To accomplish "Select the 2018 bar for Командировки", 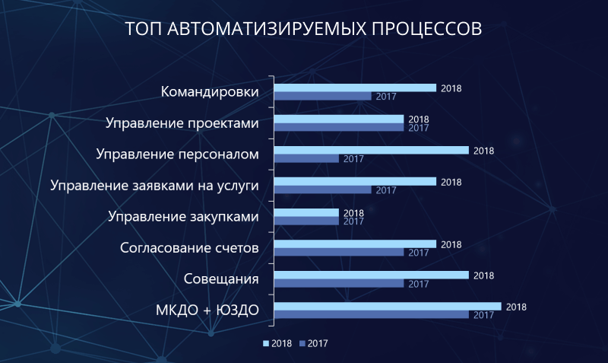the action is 355,88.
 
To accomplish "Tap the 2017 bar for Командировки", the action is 322,97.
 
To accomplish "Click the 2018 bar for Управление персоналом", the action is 372,150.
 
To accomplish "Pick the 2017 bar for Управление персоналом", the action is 306,159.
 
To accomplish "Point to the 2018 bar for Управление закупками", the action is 306,213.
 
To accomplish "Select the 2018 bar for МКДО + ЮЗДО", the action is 388,307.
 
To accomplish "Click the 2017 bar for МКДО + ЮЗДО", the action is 372,315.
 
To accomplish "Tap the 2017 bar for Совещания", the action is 339,283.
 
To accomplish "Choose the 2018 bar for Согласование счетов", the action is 355,244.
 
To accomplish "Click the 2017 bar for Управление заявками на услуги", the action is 322,189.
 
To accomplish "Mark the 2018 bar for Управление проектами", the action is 339,119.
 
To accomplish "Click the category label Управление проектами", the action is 182,123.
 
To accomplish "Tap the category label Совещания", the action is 221,279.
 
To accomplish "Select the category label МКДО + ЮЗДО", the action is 207,310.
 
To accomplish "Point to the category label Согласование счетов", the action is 189,247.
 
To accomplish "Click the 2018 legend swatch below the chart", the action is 266,343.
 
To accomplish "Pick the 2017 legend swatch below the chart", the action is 302,343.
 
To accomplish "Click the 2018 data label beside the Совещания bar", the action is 483,275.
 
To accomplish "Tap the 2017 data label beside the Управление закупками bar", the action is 353,221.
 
